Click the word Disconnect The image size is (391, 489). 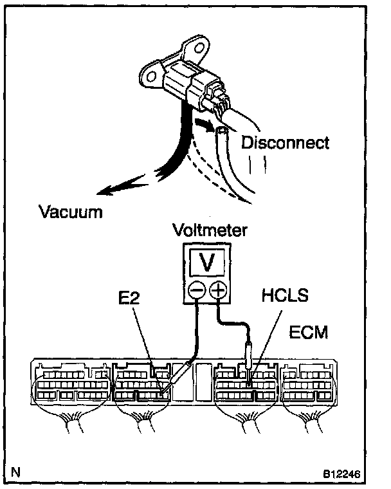[285, 142]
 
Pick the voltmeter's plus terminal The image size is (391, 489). [218, 291]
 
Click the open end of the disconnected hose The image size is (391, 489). [222, 131]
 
